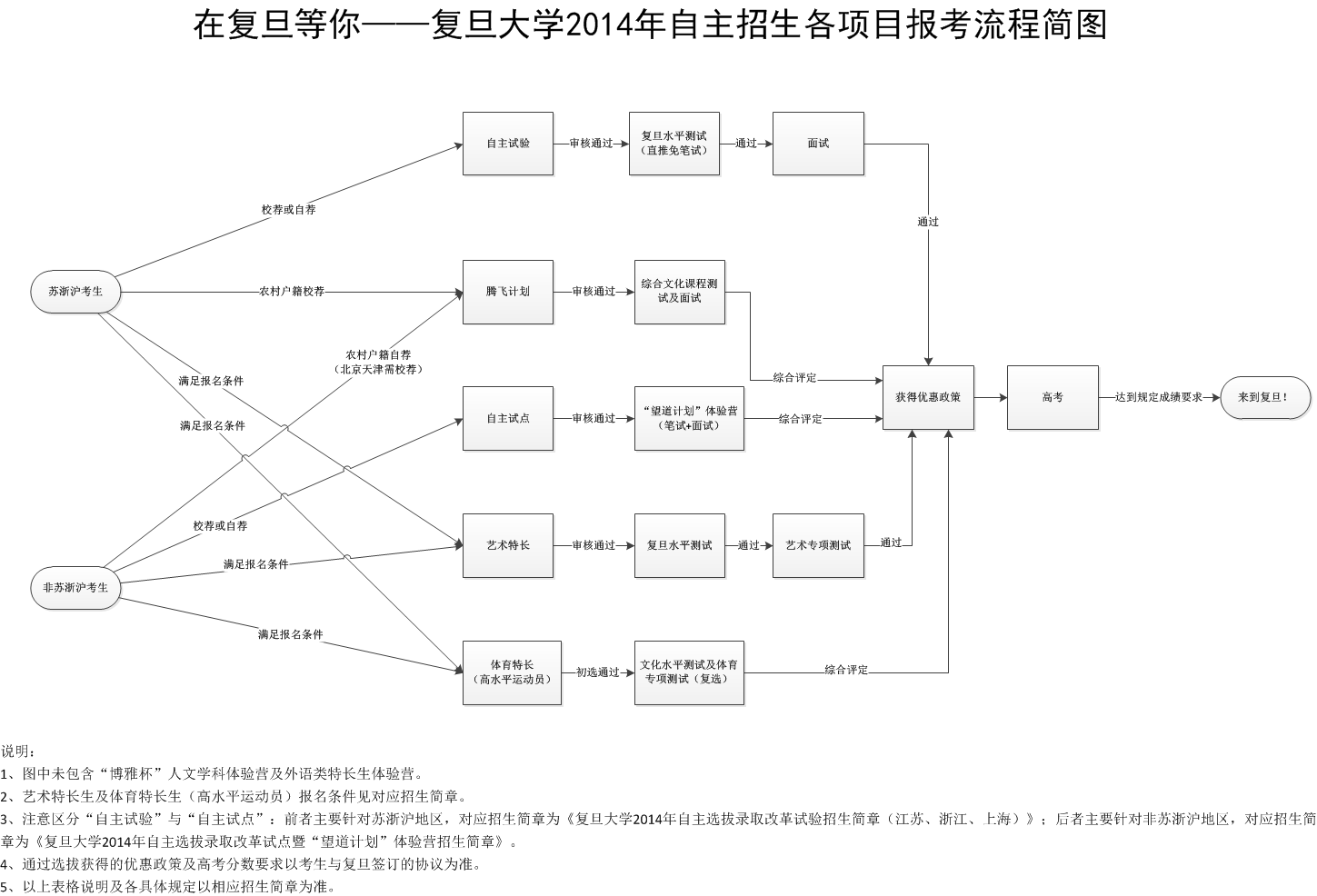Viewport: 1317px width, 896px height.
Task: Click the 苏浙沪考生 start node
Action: coord(75,292)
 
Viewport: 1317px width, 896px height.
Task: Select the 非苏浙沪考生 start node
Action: coord(75,587)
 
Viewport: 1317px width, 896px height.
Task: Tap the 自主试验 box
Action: coord(508,144)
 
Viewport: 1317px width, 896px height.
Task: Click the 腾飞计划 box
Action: coord(508,292)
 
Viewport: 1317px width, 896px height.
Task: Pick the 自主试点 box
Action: coord(508,418)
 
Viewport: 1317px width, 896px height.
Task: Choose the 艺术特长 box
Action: coord(508,545)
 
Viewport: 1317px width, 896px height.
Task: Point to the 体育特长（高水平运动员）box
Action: coord(513,672)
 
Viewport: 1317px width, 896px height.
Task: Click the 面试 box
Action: coord(818,144)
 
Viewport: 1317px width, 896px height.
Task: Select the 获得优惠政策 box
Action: coord(928,397)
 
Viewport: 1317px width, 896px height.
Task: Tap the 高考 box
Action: coord(1053,397)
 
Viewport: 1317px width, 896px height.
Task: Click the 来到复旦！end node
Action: coord(1265,397)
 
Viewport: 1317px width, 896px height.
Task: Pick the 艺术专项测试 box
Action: coord(818,545)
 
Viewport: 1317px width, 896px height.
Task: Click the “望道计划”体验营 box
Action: coord(689,418)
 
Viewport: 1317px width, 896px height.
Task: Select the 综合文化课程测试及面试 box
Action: coord(680,292)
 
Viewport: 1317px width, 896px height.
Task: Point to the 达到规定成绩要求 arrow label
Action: coord(1159,397)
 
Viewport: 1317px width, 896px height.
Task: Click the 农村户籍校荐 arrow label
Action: coord(292,292)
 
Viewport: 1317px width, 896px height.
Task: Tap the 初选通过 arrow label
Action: coord(597,672)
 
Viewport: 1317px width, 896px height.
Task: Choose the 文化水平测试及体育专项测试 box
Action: coord(689,672)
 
